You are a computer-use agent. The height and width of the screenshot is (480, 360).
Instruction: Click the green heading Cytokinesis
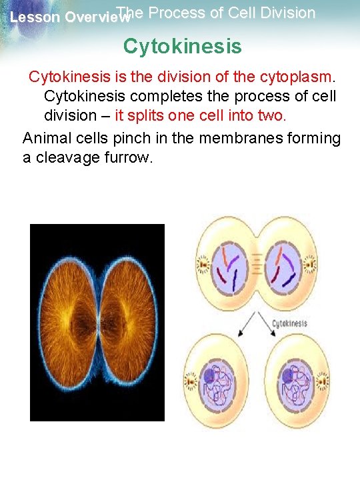[x=182, y=47]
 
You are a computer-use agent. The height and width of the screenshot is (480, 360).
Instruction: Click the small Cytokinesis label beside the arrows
[x=289, y=323]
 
